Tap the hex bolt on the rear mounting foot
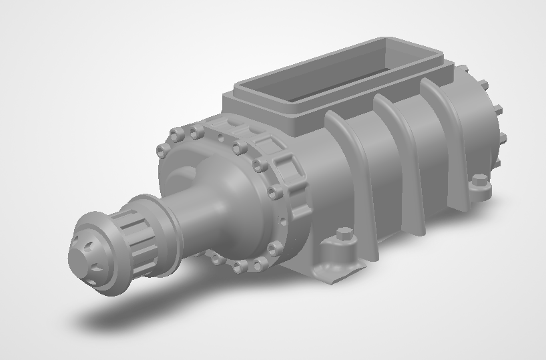[479, 180]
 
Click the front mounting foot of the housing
[337, 257]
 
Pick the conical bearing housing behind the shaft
[200, 214]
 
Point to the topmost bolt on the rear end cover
[484, 85]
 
